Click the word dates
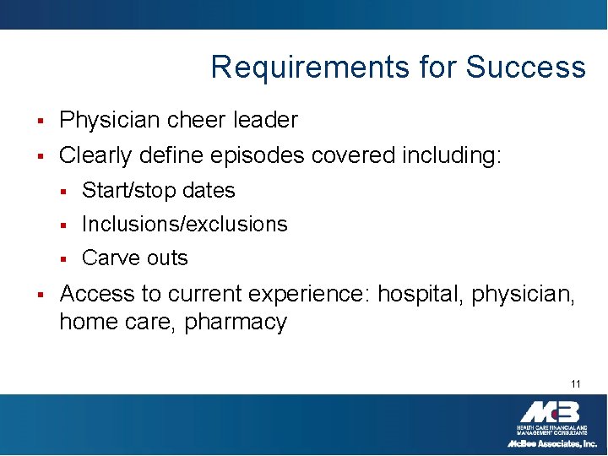pyautogui.click(x=209, y=191)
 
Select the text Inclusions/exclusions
pyautogui.click(x=184, y=225)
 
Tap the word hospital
pyautogui.click(x=409, y=294)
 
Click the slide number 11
pyautogui.click(x=575, y=384)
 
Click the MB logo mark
pyautogui.click(x=550, y=413)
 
